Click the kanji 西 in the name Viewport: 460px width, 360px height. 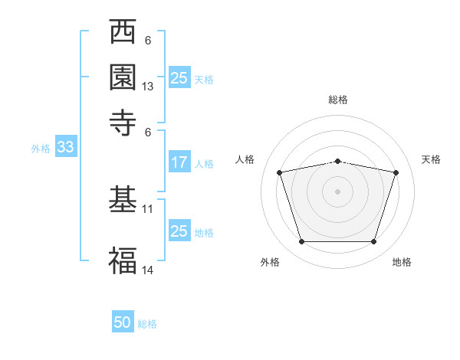123,31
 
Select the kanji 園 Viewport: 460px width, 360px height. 123,77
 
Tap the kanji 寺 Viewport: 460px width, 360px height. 123,123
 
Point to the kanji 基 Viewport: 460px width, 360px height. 123,198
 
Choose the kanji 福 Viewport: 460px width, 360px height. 123,260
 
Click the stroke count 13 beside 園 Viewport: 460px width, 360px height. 147,87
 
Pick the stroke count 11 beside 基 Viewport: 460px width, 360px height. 147,209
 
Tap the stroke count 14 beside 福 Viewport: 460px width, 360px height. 147,270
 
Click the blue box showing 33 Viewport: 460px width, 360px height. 66,146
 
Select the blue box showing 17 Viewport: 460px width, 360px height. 179,162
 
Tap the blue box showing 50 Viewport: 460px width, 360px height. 123,321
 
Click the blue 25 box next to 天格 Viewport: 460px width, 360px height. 179,77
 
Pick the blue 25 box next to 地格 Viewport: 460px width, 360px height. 179,230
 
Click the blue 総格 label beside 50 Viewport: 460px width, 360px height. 147,324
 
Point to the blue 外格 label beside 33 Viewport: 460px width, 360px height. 41,149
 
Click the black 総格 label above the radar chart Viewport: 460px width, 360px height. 338,100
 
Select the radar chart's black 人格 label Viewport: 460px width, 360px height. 245,159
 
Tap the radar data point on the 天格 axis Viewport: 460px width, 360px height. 396,172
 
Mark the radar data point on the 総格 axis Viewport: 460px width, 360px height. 337,162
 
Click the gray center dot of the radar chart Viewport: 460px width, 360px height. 337,191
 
